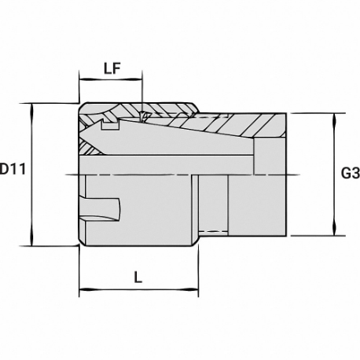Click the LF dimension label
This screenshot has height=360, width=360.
click(x=112, y=69)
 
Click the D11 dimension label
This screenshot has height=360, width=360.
click(x=13, y=169)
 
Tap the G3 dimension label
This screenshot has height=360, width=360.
click(x=351, y=173)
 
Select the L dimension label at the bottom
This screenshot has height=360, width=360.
click(x=138, y=277)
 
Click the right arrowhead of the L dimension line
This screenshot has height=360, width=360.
click(x=193, y=289)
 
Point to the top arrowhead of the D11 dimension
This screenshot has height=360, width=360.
click(x=32, y=108)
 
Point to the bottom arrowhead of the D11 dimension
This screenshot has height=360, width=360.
click(x=32, y=241)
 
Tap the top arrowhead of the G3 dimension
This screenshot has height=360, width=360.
click(x=334, y=119)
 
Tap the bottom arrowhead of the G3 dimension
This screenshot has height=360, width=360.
click(x=334, y=230)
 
